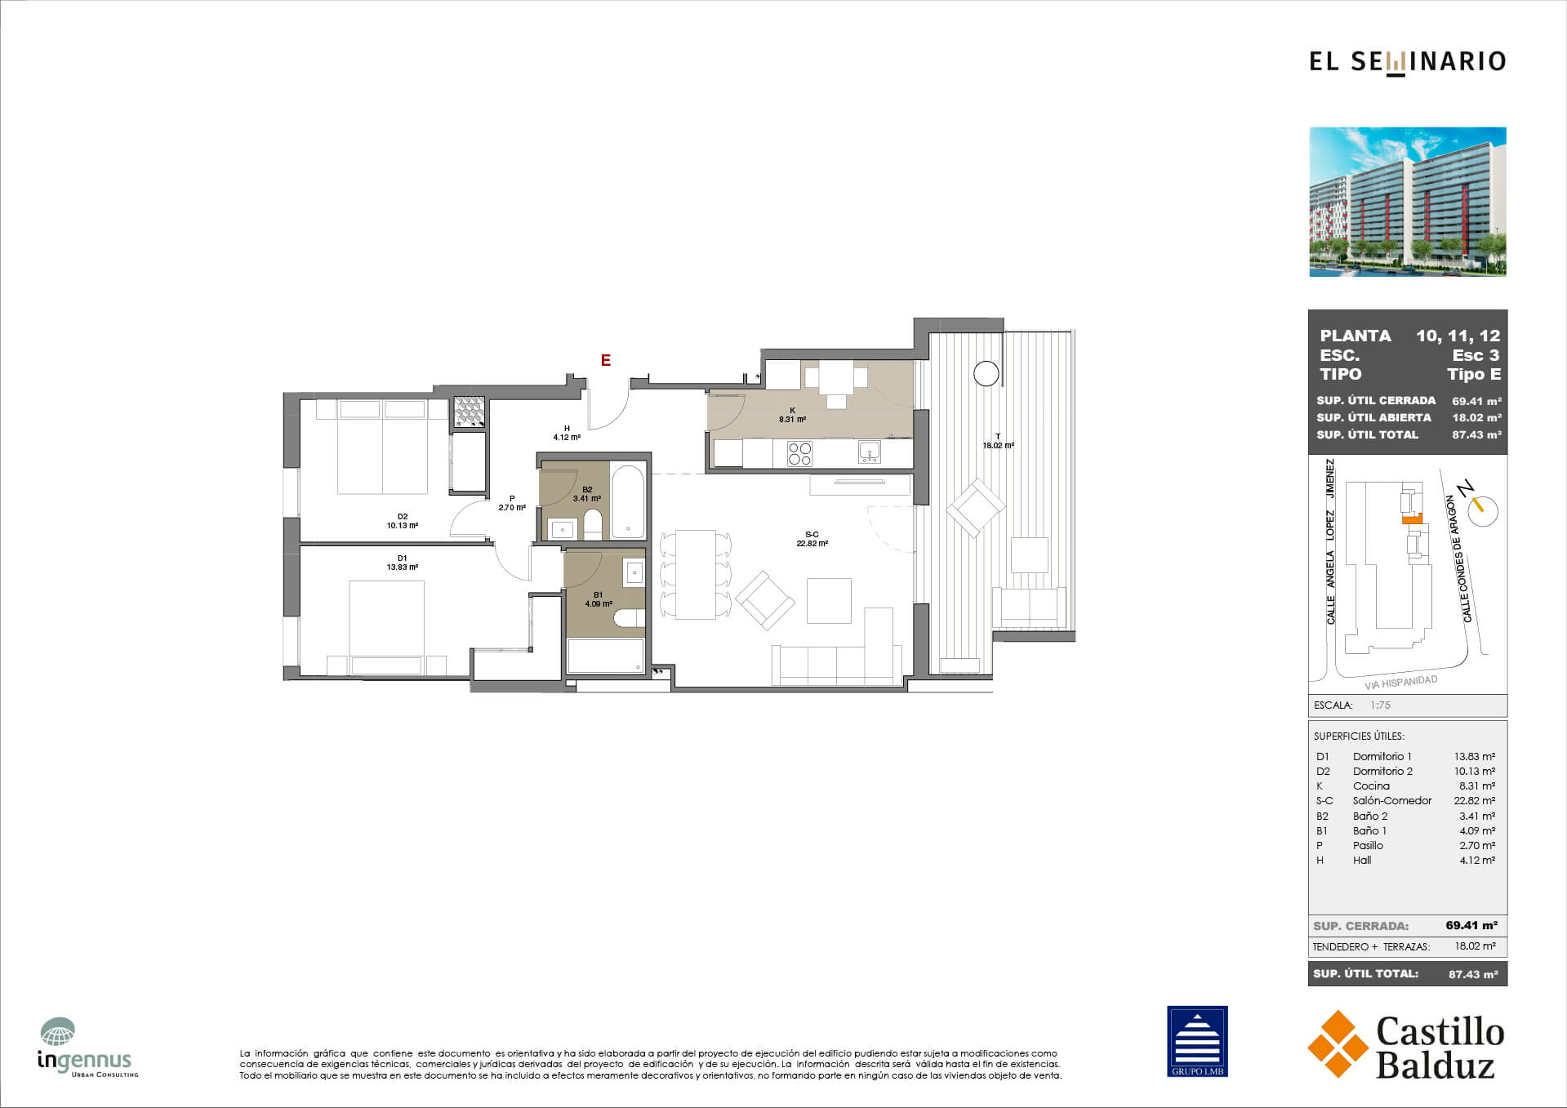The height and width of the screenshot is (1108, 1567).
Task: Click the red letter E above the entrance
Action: [606, 360]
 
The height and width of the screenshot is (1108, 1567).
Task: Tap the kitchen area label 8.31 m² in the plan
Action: [792, 420]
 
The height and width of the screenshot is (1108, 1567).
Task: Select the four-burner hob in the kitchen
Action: [799, 454]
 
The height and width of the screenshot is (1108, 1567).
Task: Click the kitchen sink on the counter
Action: [870, 452]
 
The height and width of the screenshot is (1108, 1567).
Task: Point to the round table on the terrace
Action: [986, 373]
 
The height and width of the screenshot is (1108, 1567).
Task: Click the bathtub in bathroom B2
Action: [628, 502]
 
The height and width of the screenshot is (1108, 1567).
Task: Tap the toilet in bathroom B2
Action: [593, 524]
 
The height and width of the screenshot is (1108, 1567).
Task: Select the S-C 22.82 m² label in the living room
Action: [812, 539]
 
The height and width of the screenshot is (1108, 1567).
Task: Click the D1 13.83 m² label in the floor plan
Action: [403, 563]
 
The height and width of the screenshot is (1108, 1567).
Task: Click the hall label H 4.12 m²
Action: [567, 433]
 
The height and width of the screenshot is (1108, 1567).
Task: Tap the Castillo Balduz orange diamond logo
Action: [1338, 1043]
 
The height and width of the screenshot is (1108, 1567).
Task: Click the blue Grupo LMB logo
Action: [1197, 1041]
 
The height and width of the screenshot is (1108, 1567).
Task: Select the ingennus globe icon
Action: [58, 1031]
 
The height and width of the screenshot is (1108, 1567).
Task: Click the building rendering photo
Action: [1408, 202]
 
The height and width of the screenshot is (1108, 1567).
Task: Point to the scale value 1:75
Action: [1380, 705]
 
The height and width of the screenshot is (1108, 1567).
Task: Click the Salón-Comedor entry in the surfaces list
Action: [1392, 801]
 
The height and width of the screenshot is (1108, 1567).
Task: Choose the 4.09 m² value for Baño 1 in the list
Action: [1477, 830]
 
